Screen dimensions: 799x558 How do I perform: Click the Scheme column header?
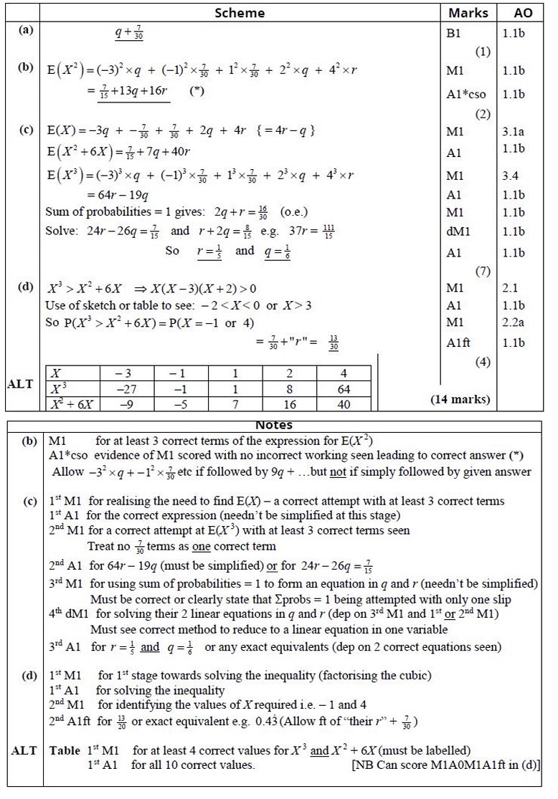tap(240, 13)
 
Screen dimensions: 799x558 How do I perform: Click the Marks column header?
tap(468, 13)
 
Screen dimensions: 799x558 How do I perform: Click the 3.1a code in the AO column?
tap(514, 132)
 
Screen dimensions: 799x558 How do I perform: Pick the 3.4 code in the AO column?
tap(510, 176)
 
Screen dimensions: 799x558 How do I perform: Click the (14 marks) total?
tap(460, 399)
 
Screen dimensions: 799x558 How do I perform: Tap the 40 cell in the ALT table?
tap(344, 405)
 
